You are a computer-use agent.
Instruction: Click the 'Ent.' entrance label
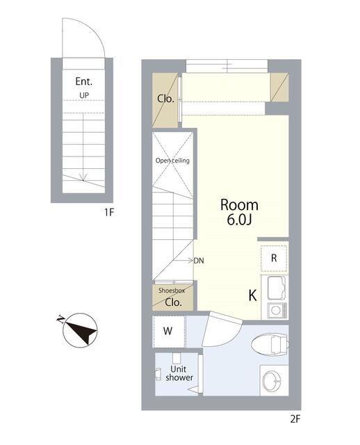(x=83, y=81)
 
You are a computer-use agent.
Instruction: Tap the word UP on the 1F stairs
(x=84, y=95)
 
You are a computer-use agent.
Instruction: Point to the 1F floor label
(x=109, y=212)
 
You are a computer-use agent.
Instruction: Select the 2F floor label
(x=295, y=419)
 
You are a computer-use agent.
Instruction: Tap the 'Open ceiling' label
(x=172, y=161)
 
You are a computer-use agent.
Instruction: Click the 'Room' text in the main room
(x=239, y=205)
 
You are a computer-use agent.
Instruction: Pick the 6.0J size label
(x=240, y=220)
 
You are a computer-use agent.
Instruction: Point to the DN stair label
(x=199, y=261)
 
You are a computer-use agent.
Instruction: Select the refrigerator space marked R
(x=274, y=258)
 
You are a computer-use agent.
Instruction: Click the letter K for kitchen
(x=252, y=296)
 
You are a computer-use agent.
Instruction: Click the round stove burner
(x=276, y=311)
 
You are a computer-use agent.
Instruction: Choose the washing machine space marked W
(x=168, y=331)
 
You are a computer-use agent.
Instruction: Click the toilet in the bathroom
(x=270, y=344)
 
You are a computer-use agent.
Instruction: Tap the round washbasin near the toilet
(x=272, y=380)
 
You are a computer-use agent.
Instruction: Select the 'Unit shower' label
(x=179, y=373)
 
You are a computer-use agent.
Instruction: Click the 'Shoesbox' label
(x=172, y=291)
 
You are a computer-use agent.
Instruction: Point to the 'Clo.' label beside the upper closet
(x=165, y=99)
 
